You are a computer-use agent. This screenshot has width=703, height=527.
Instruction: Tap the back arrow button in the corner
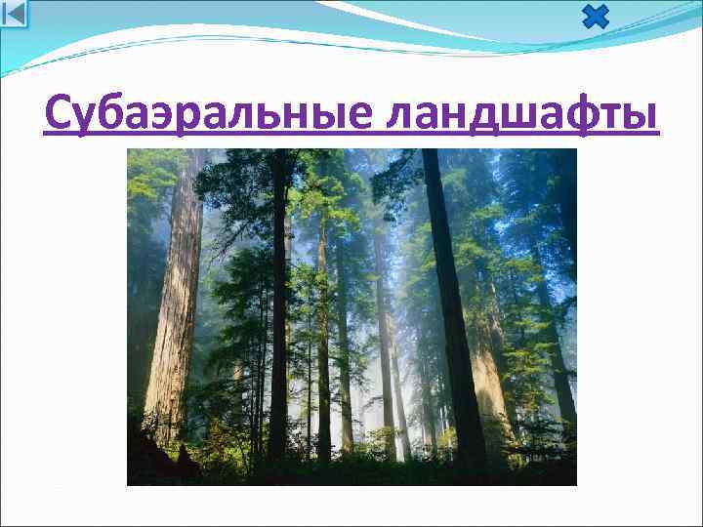click(x=15, y=14)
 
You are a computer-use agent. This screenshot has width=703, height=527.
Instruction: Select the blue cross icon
click(x=595, y=16)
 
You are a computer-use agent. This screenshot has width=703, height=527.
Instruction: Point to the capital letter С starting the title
click(x=61, y=115)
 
